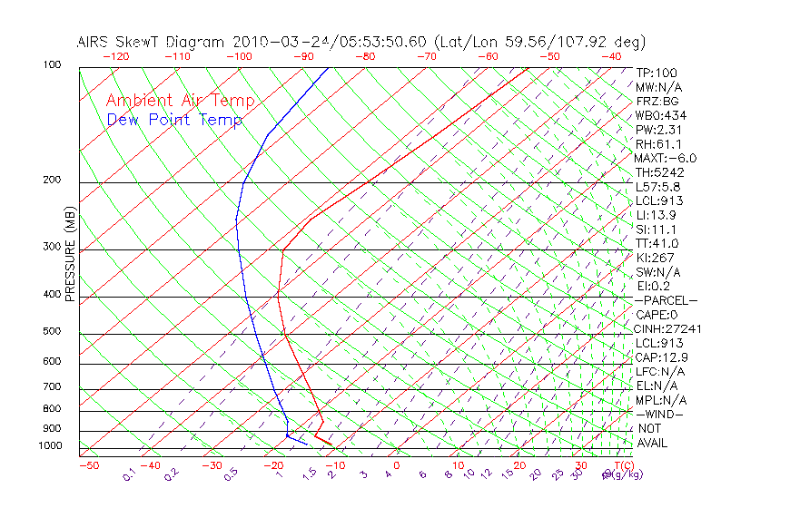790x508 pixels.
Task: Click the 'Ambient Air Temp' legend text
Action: coord(180,101)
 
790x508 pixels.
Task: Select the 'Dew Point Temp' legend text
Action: coord(174,120)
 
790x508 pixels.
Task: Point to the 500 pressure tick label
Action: coord(51,331)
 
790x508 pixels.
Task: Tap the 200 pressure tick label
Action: coord(51,180)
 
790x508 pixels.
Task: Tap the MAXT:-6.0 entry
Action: coord(666,158)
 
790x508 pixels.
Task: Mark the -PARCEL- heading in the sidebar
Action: coord(666,300)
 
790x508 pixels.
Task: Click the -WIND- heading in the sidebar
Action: coord(659,414)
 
